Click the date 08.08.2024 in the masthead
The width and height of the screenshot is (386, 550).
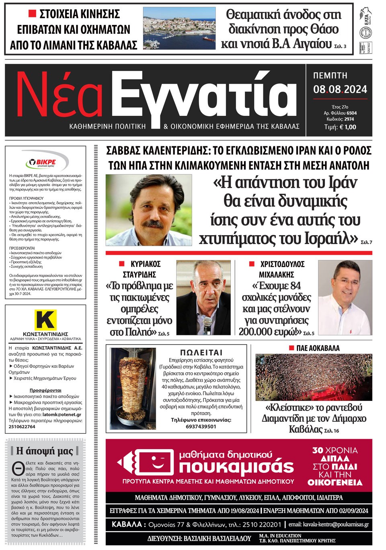click(x=340, y=89)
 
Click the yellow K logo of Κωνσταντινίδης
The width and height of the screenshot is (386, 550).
click(x=45, y=320)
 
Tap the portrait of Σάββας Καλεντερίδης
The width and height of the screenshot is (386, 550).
click(x=149, y=209)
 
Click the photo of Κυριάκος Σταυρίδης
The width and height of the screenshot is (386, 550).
click(x=203, y=298)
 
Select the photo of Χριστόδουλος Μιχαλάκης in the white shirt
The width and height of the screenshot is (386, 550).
click(x=345, y=298)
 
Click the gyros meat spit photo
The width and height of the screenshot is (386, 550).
click(x=133, y=389)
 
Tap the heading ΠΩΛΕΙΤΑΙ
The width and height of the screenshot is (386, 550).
click(x=201, y=353)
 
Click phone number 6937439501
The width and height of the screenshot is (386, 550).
click(x=201, y=427)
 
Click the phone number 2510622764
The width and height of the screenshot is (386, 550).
click(x=22, y=427)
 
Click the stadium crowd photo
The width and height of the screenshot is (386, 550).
click(x=314, y=377)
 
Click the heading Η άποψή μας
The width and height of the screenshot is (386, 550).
click(x=45, y=451)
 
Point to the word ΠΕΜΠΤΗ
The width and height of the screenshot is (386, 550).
click(x=330, y=76)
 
